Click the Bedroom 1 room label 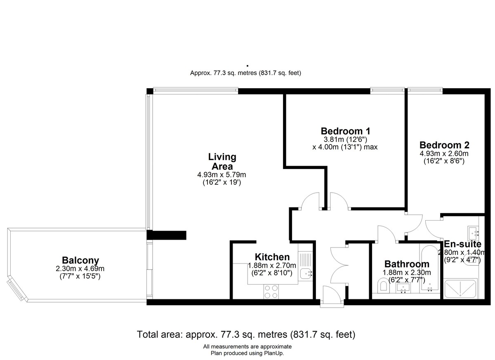tap(345, 131)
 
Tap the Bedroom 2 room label tap(444, 145)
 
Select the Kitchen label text tap(272, 257)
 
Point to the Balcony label tap(80, 260)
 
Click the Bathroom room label tap(407, 264)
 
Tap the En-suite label tap(462, 244)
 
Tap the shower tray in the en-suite tap(460, 288)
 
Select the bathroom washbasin tap(403, 287)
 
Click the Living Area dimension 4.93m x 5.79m tap(222, 175)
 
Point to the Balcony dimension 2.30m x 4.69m tap(80, 269)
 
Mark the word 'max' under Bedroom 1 tap(370, 147)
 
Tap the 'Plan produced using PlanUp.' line tap(247, 353)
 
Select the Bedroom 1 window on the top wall tap(387, 90)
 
